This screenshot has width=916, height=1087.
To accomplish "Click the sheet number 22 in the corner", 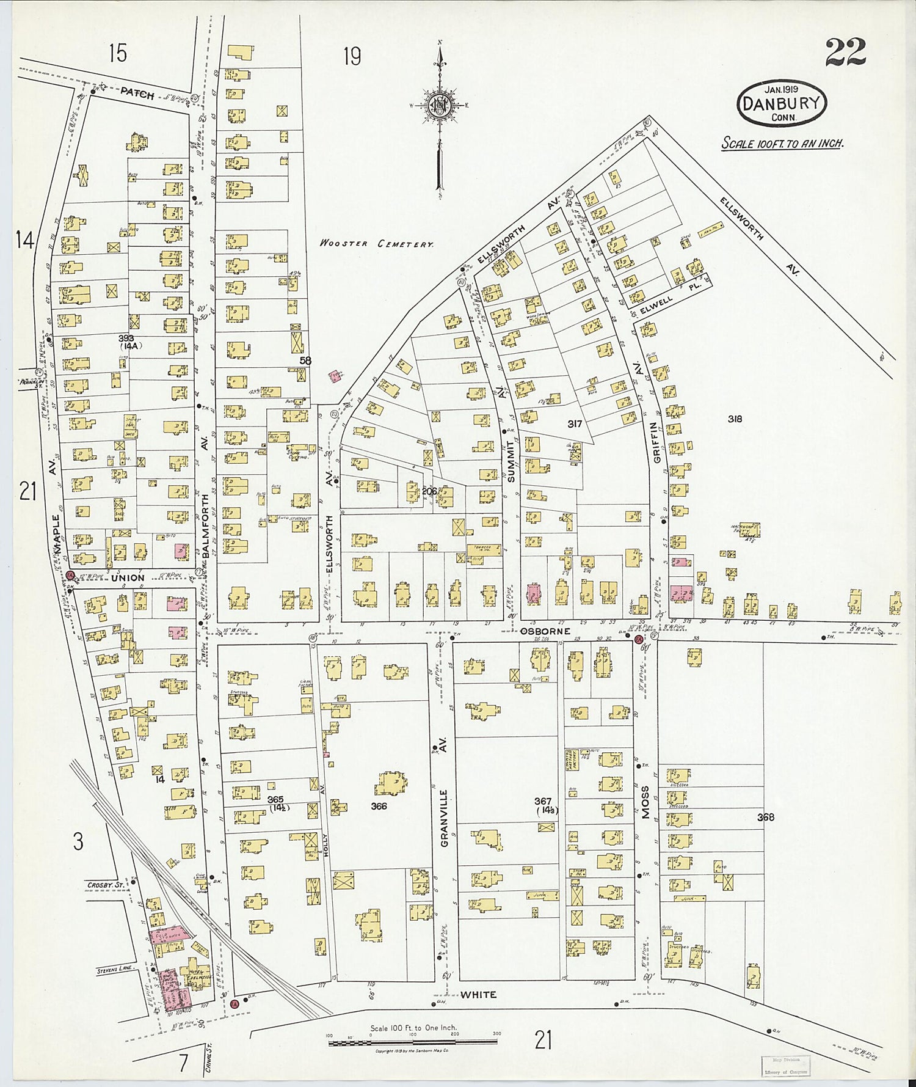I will (x=845, y=53).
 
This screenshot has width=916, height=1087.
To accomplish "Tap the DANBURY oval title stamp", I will (x=781, y=103).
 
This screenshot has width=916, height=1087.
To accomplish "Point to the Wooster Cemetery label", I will (x=377, y=243).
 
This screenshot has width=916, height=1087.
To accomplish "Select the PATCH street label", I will (x=137, y=93).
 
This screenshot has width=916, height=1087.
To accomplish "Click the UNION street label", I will (x=128, y=577).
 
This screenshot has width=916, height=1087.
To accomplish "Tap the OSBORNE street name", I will (x=545, y=631).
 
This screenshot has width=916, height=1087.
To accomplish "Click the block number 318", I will (x=735, y=419).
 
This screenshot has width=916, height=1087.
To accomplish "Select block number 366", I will (x=379, y=806).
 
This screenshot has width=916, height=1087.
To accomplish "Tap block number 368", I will (x=765, y=817).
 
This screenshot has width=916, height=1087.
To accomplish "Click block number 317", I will (x=574, y=423).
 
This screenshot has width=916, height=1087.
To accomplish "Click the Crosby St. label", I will (x=105, y=885).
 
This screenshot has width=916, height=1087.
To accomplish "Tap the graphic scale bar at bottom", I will (x=413, y=1042).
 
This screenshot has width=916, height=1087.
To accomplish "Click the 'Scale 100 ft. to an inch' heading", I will (x=782, y=144).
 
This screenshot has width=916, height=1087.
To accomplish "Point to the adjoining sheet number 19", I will (x=352, y=57).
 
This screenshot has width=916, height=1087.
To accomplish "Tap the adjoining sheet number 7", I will (x=183, y=1064).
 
